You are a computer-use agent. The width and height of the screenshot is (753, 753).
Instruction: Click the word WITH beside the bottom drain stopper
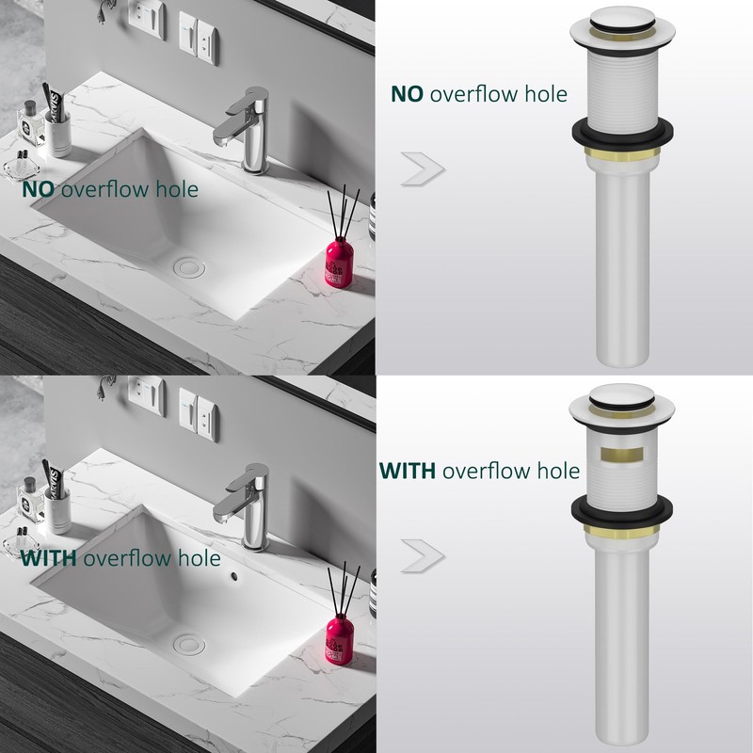point(407,470)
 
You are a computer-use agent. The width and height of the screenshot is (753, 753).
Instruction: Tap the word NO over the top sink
point(40,189)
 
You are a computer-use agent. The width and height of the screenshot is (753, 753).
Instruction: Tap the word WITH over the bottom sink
point(49,557)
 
